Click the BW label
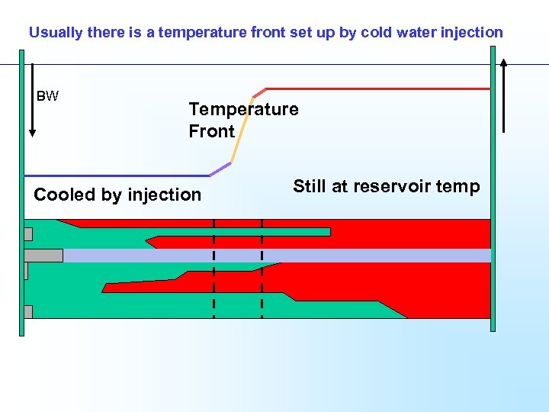pyautogui.click(x=47, y=96)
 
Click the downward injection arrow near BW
pyautogui.click(x=31, y=99)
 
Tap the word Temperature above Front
pyautogui.click(x=243, y=109)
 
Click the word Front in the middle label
pyautogui.click(x=211, y=131)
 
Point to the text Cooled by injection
pyautogui.click(x=117, y=195)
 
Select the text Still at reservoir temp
pyautogui.click(x=386, y=187)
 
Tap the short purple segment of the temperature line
pyautogui.click(x=220, y=168)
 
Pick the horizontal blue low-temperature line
pyautogui.click(x=114, y=175)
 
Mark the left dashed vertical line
pyautogui.click(x=213, y=267)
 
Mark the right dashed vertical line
pyautogui.click(x=262, y=267)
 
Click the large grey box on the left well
pyautogui.click(x=43, y=256)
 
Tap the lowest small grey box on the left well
pyautogui.click(x=28, y=311)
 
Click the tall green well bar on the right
pyautogui.click(x=493, y=191)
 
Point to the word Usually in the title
pyautogui.click(x=55, y=33)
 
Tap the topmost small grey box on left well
pyautogui.click(x=28, y=234)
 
